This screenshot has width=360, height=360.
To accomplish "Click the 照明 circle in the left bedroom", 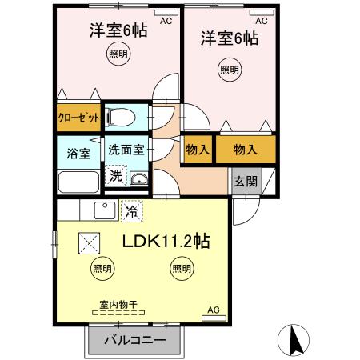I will coord(118,54).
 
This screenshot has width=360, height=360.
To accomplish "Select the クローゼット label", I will coord(79,117).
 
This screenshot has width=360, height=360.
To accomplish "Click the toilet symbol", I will coord(124,117).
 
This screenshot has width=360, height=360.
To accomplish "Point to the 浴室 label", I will coord(77,151).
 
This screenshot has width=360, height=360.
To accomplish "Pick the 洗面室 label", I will coord(126,150).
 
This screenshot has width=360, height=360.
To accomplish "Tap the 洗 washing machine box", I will coord(116,176).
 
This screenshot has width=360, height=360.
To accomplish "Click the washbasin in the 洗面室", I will coord(139,178).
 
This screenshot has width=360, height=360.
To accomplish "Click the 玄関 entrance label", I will coord(246,180).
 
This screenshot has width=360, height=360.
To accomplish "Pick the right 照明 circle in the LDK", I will coord(180,269).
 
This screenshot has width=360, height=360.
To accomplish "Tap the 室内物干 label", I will coord(118,304).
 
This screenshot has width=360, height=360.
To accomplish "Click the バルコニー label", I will coord(135,341).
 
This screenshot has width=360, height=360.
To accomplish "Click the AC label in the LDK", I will coord(213,310).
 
